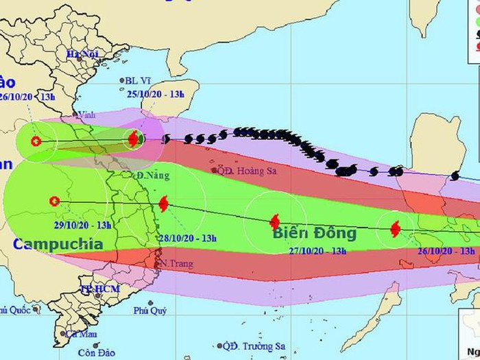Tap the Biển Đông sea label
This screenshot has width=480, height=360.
point(315,233)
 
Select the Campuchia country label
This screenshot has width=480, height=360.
point(58,244)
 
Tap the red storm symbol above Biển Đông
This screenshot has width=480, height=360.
point(275,221)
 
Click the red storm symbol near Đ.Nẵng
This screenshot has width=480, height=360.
point(163,203)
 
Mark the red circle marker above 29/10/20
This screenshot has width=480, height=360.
point(55,201)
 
